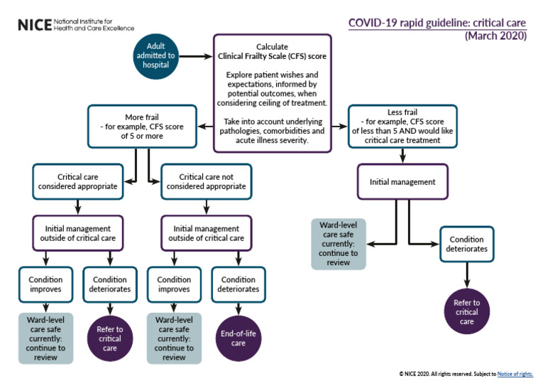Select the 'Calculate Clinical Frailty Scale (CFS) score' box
tap(272, 92)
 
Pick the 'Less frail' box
tap(402, 127)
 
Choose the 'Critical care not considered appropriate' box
tap(206, 181)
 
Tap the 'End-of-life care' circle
tap(238, 338)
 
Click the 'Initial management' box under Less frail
tap(402, 182)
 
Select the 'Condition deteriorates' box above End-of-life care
tap(238, 284)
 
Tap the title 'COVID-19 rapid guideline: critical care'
tap(436, 23)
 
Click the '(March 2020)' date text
tap(495, 36)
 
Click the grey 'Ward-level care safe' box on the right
tap(338, 243)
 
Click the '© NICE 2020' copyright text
tap(419, 374)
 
